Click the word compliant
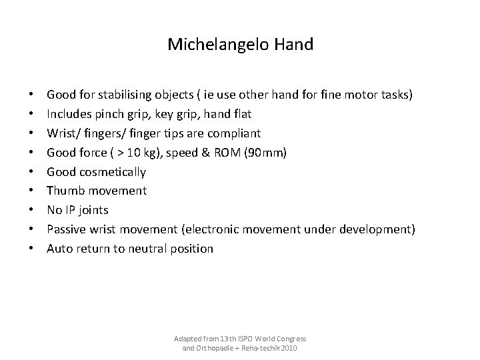(233, 133)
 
